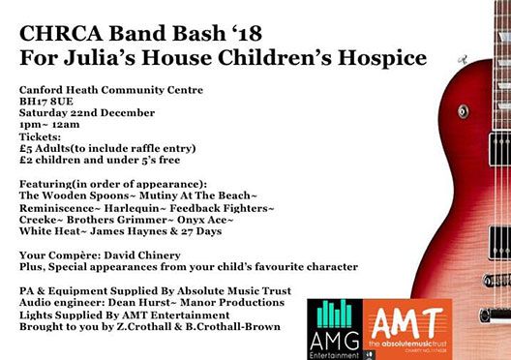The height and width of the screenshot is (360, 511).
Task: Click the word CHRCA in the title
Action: (x=61, y=34)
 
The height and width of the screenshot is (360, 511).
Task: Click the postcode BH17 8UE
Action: (x=45, y=102)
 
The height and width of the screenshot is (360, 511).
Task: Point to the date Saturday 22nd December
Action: (x=87, y=112)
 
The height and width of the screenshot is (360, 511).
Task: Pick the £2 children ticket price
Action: (x=25, y=160)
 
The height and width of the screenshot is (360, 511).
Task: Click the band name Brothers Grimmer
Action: (x=117, y=220)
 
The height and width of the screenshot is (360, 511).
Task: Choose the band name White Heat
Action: (x=49, y=231)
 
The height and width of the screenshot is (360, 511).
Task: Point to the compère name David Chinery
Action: (x=142, y=255)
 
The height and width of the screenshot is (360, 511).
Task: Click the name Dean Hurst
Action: (x=138, y=302)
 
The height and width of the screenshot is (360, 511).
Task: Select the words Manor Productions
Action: (x=232, y=302)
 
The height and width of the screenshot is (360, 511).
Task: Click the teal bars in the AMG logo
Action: (x=334, y=314)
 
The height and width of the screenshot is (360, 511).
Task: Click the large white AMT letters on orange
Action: (x=407, y=322)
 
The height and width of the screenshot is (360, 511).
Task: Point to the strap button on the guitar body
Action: (x=463, y=111)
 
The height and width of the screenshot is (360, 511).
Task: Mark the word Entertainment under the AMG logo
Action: (x=334, y=355)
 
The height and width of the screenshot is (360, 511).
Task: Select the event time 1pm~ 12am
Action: (x=49, y=125)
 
